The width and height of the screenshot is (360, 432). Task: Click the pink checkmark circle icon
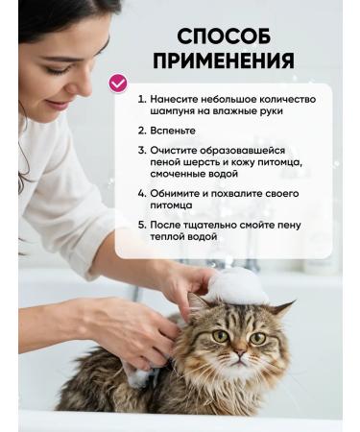(118, 84)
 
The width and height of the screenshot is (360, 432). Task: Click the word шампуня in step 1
(176, 111)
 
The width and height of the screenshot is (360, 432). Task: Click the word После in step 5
(168, 225)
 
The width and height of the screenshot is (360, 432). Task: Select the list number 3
(140, 150)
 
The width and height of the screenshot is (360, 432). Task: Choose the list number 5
(140, 225)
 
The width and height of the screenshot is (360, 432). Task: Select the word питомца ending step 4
(171, 204)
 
